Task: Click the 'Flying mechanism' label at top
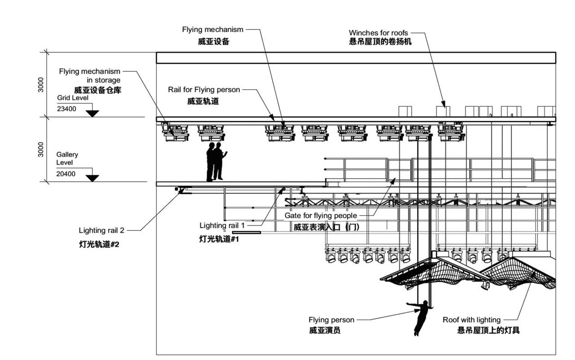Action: (212, 30)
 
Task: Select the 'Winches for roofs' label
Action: (379, 33)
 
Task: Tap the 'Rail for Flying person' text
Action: (204, 90)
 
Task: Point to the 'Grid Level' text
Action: (73, 97)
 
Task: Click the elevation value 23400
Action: (66, 108)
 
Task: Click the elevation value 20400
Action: (66, 174)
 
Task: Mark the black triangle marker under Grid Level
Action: (92, 113)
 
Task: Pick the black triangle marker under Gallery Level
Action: (92, 178)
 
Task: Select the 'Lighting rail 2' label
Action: (102, 231)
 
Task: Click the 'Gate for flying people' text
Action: (321, 215)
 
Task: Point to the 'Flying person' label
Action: (331, 320)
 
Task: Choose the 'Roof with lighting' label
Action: (471, 320)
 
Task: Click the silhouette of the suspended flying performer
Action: (421, 317)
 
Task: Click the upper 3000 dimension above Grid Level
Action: (41, 84)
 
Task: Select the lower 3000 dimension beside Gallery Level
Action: (41, 149)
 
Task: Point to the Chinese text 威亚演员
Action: (324, 331)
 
